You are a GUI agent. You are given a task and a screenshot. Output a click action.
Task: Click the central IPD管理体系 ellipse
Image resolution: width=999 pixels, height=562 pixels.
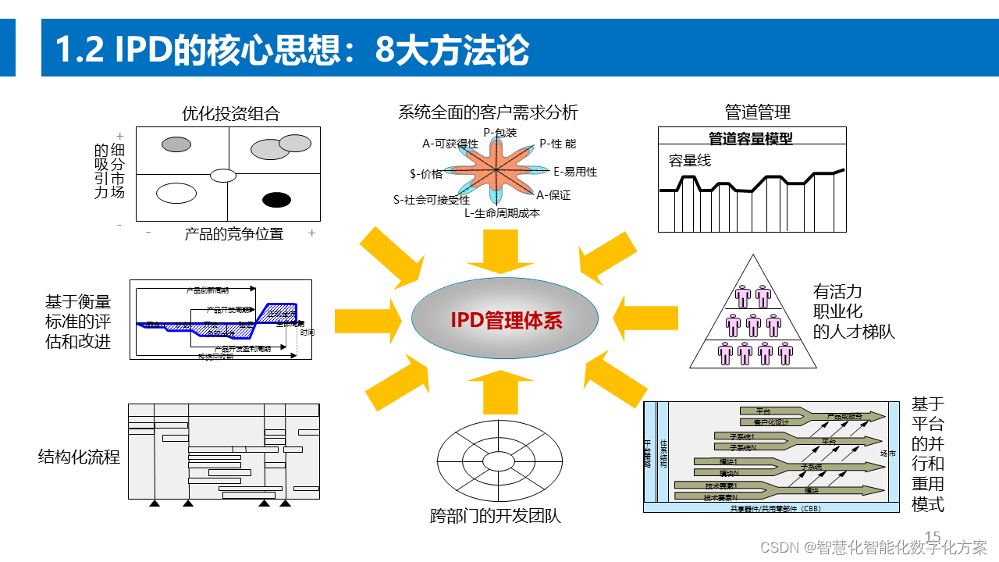pos(505,320)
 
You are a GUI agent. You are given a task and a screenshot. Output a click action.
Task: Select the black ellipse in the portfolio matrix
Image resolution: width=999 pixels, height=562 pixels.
pos(276,200)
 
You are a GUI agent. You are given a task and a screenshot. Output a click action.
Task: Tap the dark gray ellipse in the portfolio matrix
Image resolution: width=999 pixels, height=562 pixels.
pos(176,144)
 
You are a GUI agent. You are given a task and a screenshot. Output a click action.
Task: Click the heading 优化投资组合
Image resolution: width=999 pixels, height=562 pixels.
pos(231,113)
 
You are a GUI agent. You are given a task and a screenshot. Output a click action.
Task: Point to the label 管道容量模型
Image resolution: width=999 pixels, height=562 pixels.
pos(751,138)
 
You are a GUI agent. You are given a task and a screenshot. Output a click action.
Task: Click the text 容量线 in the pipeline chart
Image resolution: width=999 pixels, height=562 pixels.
pos(690,161)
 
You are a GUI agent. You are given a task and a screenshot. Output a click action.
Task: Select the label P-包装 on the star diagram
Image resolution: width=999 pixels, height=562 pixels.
pos(499,133)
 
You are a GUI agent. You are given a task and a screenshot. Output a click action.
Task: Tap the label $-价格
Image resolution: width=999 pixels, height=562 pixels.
pos(426,173)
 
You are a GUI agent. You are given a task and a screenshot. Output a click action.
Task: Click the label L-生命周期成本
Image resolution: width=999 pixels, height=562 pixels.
pos(502,212)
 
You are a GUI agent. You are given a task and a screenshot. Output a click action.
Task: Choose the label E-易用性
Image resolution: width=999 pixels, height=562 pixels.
pos(575,172)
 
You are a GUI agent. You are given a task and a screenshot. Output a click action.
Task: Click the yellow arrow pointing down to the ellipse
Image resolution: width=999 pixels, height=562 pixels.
pos(500,251)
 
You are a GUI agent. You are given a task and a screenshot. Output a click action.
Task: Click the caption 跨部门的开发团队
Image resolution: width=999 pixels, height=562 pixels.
pos(496,516)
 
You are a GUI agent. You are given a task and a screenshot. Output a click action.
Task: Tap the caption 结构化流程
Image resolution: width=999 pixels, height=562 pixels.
pos(79,457)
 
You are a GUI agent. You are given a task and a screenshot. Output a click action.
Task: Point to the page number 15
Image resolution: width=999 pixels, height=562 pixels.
pos(933,536)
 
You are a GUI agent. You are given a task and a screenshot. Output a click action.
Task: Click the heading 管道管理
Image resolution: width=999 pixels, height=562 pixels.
pos(758,112)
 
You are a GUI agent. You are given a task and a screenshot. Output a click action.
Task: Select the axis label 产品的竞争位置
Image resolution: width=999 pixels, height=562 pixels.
pos(233,233)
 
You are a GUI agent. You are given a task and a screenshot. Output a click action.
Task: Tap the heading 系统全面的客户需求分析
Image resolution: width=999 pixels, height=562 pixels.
pos(488,112)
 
